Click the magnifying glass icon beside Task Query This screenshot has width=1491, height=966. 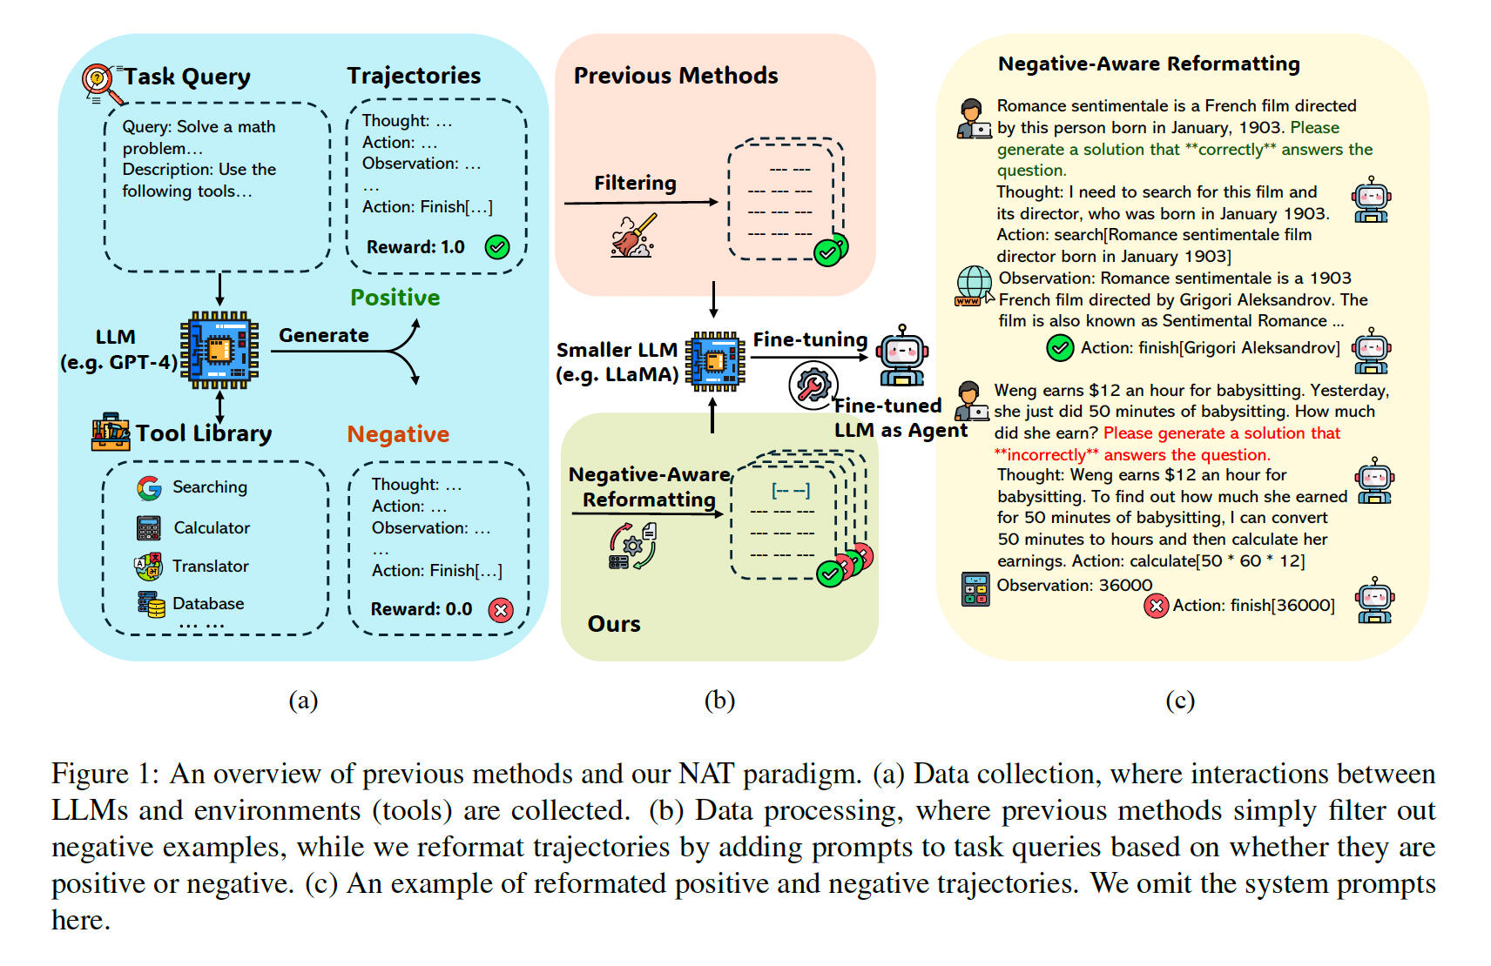(x=98, y=82)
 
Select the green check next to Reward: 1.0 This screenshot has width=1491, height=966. (x=497, y=247)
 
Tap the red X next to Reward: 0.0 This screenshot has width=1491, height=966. (x=501, y=610)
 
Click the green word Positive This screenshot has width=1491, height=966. (x=395, y=298)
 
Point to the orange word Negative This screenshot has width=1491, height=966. (x=398, y=434)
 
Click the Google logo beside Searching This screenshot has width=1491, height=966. (x=149, y=487)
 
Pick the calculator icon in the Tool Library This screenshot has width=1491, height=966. (x=149, y=528)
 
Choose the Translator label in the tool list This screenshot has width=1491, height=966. (x=210, y=567)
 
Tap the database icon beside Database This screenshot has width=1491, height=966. (x=151, y=604)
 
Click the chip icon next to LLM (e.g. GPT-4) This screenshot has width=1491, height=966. (x=219, y=350)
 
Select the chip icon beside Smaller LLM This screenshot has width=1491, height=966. (x=715, y=361)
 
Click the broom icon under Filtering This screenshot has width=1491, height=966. (x=633, y=236)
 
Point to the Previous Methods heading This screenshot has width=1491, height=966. (x=676, y=76)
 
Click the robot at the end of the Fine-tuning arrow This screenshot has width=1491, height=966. (x=902, y=355)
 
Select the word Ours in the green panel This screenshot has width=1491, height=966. (x=614, y=624)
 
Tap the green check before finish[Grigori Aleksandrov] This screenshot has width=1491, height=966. (x=1060, y=348)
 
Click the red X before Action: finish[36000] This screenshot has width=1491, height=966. (x=1156, y=606)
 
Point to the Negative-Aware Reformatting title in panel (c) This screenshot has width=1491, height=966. (x=1149, y=64)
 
